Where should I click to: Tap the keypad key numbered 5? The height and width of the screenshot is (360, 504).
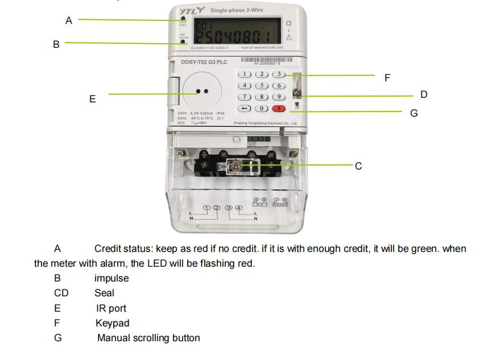[261, 85]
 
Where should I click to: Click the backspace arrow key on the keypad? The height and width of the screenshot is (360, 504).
[244, 108]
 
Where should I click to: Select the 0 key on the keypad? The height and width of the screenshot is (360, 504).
[261, 108]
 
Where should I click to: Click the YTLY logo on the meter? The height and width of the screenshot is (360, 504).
[192, 11]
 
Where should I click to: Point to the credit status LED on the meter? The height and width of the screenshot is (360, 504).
[183, 20]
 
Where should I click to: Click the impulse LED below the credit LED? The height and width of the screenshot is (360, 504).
[183, 42]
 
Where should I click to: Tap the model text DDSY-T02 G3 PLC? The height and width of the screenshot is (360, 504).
[204, 62]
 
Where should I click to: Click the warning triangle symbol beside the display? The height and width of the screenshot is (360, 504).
[288, 38]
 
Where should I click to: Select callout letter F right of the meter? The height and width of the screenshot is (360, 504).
[387, 77]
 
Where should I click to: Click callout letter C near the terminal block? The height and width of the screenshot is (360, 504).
[358, 166]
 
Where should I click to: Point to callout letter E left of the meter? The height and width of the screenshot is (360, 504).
[92, 99]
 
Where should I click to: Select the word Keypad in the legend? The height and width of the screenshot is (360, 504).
[112, 323]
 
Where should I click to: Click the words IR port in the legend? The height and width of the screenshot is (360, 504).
[111, 308]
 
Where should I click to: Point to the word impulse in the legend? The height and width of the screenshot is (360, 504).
[111, 279]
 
